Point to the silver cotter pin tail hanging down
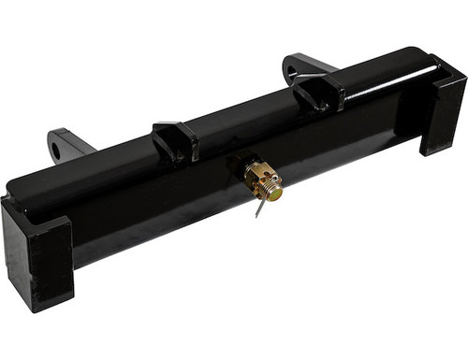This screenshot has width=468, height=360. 257,209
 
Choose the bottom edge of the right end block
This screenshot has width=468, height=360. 440,151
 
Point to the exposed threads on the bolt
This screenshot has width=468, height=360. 269,187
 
